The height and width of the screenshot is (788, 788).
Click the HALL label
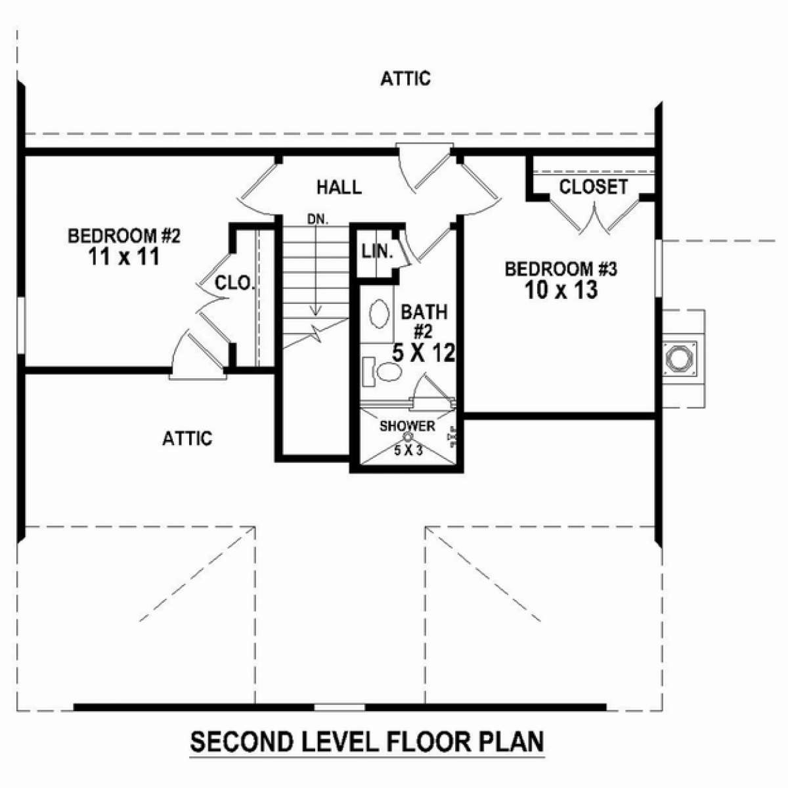[x=339, y=187]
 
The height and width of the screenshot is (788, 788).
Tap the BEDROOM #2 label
[x=124, y=236]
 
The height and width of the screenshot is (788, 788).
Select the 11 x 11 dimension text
[x=123, y=257]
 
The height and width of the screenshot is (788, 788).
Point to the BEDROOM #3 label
[x=561, y=269]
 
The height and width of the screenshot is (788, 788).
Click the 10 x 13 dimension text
[x=561, y=290]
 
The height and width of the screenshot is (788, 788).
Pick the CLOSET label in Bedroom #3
[x=594, y=187]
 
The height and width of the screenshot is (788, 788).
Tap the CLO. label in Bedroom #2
[x=233, y=283]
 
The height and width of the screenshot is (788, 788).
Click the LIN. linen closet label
[x=377, y=252]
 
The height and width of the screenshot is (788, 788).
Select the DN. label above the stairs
[x=318, y=219]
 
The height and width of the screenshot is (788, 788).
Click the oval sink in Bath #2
[x=380, y=313]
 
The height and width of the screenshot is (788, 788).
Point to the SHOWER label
[x=407, y=426]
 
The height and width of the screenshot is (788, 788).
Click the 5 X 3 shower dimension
[x=408, y=450]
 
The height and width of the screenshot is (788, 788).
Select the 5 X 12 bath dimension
[x=424, y=353]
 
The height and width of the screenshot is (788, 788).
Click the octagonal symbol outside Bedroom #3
[x=680, y=359]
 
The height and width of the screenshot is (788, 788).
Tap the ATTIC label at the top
[x=405, y=79]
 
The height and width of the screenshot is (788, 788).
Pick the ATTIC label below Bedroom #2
[x=187, y=439]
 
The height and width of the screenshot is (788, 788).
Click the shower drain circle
[x=408, y=436]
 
